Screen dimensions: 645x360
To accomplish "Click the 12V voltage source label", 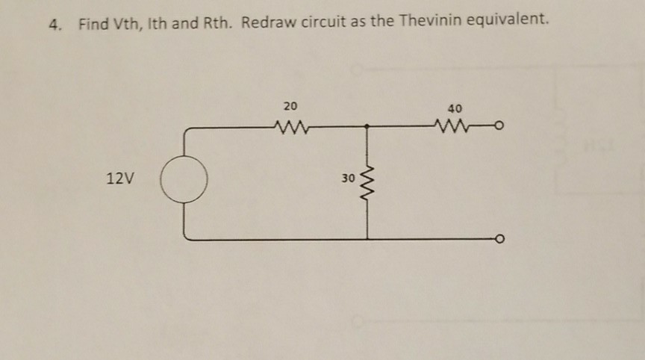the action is coord(120,179).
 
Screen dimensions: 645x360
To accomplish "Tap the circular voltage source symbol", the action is coord(184,179).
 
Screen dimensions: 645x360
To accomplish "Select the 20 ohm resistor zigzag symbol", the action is coord(291,127).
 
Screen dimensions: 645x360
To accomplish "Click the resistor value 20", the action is coord(290,106).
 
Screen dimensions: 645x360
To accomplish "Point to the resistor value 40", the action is coord(455,108).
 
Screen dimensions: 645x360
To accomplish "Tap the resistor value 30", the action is coord(348,179).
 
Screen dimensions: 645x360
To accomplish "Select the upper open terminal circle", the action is coord(499,125).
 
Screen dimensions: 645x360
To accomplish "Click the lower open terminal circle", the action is coord(499,239).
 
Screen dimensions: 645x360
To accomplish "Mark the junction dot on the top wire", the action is coord(367,126).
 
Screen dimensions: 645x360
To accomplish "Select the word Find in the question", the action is coord(94,24).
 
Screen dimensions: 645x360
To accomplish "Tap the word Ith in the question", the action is coord(158,23).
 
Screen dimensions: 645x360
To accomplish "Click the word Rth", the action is coord(217,22).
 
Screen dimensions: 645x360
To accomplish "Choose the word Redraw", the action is coord(269,22).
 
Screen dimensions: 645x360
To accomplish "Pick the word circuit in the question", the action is coord(323,21).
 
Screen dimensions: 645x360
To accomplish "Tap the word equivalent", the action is coord(508,19).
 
